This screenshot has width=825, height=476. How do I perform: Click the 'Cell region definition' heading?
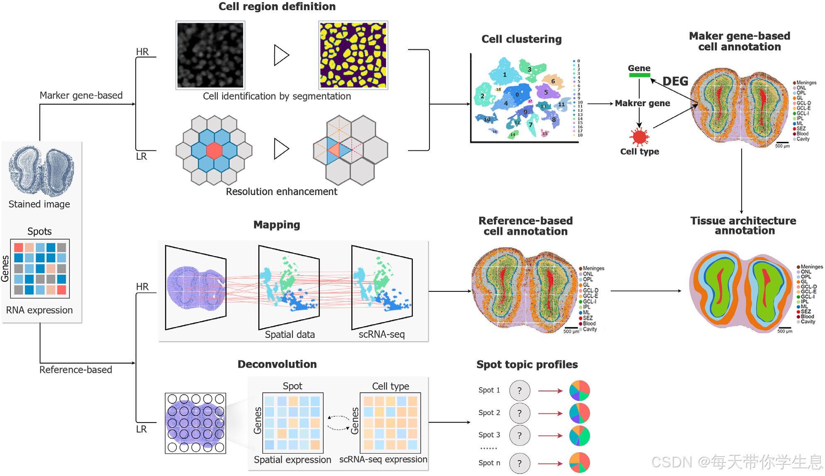pos(277,7)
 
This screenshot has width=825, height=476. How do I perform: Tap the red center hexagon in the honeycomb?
pos(214,151)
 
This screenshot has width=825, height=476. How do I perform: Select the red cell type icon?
pos(639,136)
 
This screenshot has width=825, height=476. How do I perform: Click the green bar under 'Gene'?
pos(639,75)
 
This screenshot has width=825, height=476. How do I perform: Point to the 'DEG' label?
pos(675,81)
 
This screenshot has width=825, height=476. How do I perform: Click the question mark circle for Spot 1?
pos(520,391)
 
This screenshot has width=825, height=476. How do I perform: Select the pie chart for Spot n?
pos(579,462)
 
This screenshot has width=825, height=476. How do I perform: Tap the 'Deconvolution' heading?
pos(277,364)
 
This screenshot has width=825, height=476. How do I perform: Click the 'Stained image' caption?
pos(39,204)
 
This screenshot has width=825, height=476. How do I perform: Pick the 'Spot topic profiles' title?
pos(527,364)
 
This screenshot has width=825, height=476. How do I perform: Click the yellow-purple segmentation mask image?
pos(353,55)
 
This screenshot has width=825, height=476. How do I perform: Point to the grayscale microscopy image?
pos(210,55)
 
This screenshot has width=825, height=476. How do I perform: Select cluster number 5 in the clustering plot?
pos(546,92)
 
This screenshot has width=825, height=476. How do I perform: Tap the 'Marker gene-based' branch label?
pos(81,95)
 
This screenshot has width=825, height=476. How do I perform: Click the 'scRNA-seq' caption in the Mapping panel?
pos(381,334)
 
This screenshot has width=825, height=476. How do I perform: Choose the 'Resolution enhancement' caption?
pos(281,192)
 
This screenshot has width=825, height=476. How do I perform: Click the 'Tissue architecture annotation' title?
pos(743,226)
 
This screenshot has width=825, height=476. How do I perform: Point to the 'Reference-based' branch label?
pos(76,370)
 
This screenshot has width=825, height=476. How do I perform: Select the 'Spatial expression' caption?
pos(292,460)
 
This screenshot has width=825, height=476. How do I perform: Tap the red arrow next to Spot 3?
pos(550,436)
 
